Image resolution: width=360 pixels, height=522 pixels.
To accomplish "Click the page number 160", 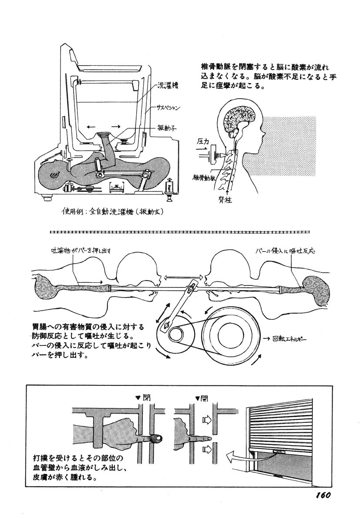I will point(322,495).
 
